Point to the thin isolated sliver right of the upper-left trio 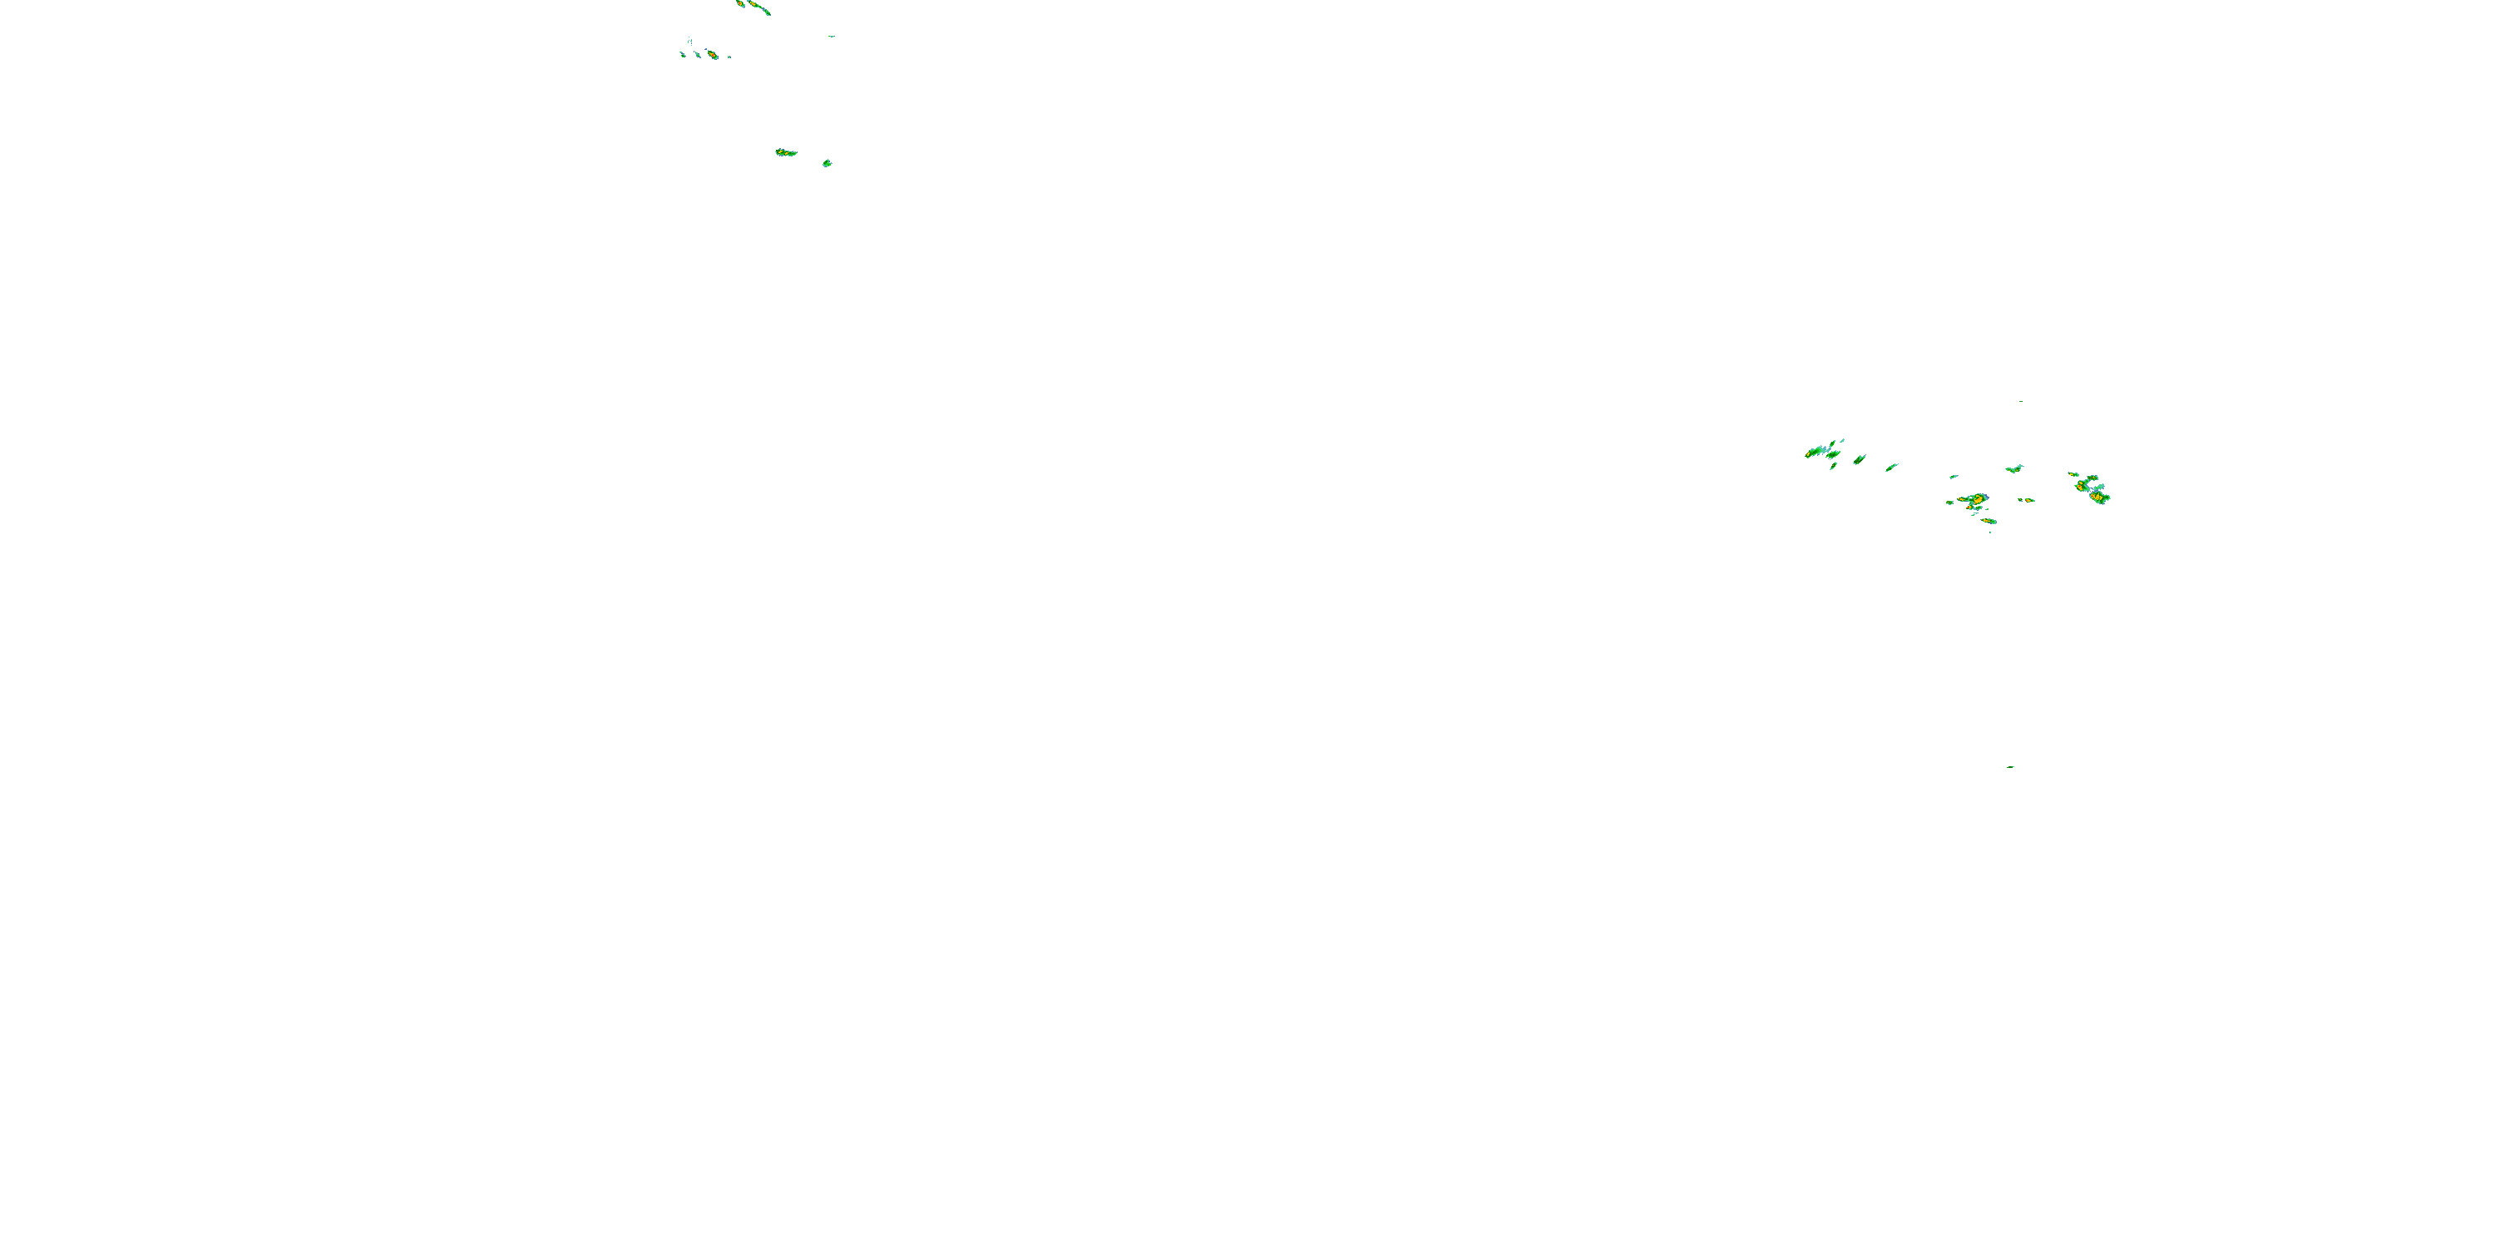click(x=832, y=37)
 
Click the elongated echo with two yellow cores click(x=785, y=152)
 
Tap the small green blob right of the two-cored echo click(x=828, y=163)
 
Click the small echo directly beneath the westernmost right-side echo click(x=1834, y=466)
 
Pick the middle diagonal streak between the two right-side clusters click(x=1860, y=460)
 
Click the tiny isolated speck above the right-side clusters click(x=2020, y=401)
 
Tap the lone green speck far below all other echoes click(x=2012, y=766)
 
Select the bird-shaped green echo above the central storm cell click(x=2014, y=470)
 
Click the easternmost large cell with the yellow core click(x=2098, y=497)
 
